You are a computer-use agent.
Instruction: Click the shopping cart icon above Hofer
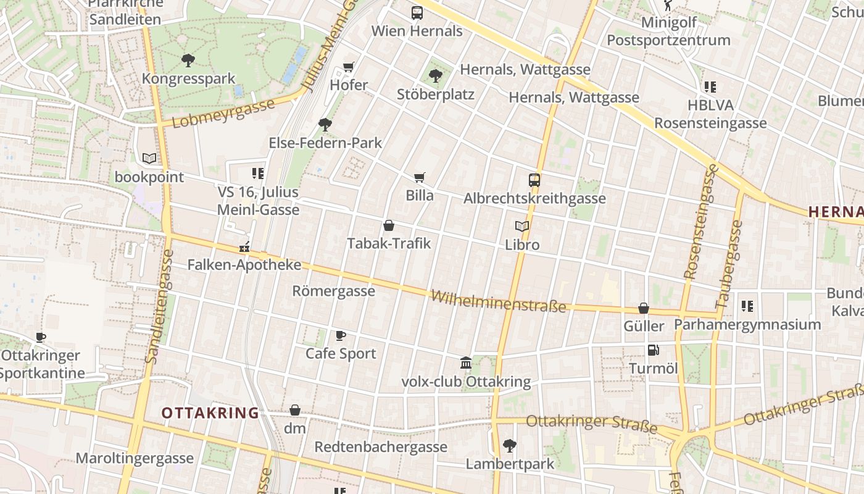pyautogui.click(x=349, y=66)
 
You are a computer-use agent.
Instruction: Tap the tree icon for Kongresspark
pyautogui.click(x=188, y=61)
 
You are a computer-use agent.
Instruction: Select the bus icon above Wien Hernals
pyautogui.click(x=417, y=12)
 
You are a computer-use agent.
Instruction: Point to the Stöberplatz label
pyautogui.click(x=436, y=94)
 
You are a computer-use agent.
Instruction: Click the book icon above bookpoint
pyautogui.click(x=149, y=159)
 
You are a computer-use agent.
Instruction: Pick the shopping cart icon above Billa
pyautogui.click(x=420, y=178)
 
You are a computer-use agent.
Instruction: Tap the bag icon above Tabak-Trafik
pyautogui.click(x=389, y=225)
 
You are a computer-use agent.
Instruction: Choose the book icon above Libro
pyautogui.click(x=522, y=227)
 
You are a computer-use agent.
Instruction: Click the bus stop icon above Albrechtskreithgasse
pyautogui.click(x=534, y=180)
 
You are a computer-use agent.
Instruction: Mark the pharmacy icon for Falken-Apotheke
pyautogui.click(x=244, y=248)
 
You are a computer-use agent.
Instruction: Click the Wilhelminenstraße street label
pyautogui.click(x=498, y=301)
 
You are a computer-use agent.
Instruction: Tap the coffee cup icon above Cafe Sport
pyautogui.click(x=341, y=335)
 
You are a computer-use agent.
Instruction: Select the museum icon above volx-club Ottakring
pyautogui.click(x=466, y=362)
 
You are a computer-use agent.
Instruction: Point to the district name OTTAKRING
pyautogui.click(x=210, y=413)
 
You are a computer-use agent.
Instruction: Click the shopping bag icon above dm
pyautogui.click(x=295, y=410)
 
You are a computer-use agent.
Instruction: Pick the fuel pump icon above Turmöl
pyautogui.click(x=653, y=350)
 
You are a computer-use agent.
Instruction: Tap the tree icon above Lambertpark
pyautogui.click(x=510, y=445)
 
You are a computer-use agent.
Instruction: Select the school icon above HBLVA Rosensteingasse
pyautogui.click(x=710, y=87)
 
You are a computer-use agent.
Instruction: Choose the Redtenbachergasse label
pyautogui.click(x=381, y=446)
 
